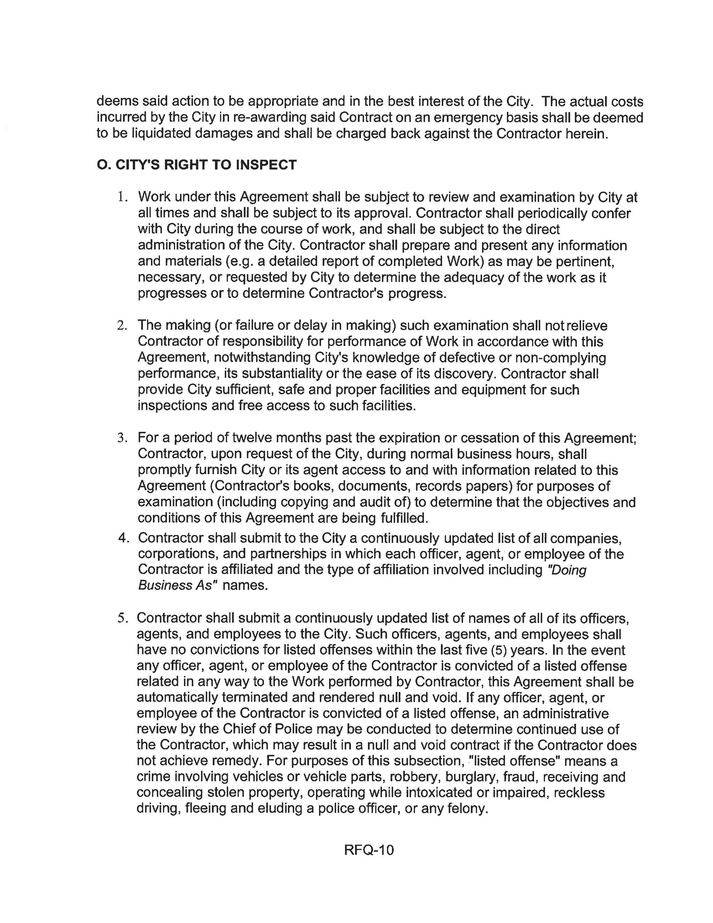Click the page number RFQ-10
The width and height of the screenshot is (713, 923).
tap(369, 850)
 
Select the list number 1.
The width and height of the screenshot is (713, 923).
tap(122, 197)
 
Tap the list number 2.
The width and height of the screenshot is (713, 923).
tap(122, 326)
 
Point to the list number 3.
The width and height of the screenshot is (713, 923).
tap(122, 438)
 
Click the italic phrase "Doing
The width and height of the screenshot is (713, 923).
tap(566, 570)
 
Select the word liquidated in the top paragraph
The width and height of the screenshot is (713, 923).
tap(162, 133)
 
